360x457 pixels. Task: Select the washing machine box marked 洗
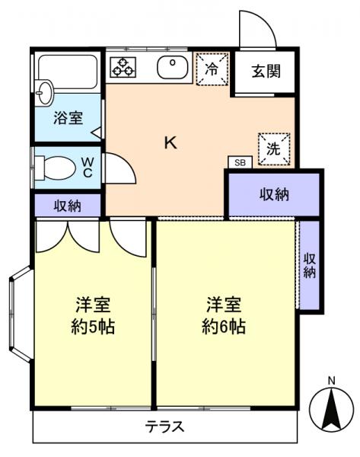click(272, 148)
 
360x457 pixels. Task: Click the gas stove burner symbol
click(123, 66)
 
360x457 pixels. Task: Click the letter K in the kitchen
click(170, 142)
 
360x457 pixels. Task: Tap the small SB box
click(240, 162)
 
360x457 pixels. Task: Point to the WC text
click(88, 167)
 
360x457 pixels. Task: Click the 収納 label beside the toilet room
click(67, 205)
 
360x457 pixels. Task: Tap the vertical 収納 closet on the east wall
click(309, 264)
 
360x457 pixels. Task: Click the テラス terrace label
click(166, 426)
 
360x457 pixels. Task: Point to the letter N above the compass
click(331, 379)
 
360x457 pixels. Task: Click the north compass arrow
click(331, 409)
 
